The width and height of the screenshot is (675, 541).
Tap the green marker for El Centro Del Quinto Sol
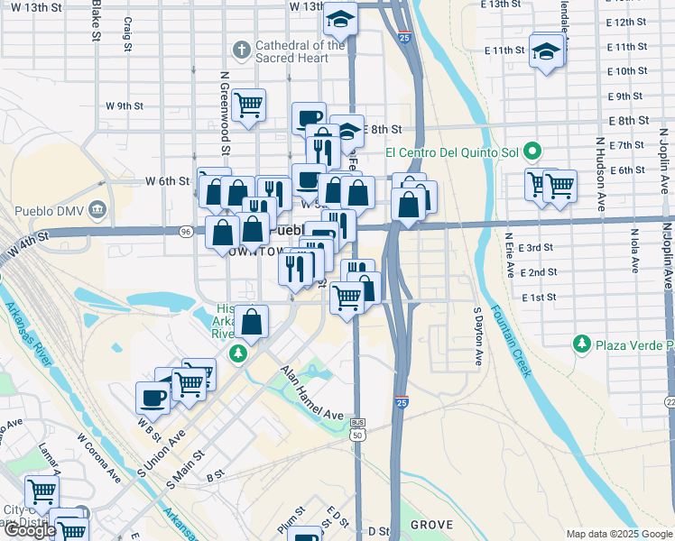pos(533,151)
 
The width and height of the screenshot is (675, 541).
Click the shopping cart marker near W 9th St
pos(247,105)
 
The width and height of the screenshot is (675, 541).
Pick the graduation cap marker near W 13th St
pos(340,18)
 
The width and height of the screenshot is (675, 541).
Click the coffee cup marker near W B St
pos(153,398)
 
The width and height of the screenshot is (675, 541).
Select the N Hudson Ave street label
pos(599,177)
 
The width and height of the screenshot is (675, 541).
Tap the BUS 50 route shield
pos(357,428)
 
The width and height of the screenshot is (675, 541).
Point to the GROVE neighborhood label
pos(430,524)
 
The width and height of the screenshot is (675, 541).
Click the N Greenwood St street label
pos(226,113)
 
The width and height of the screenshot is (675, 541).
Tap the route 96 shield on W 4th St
pos(186,232)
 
